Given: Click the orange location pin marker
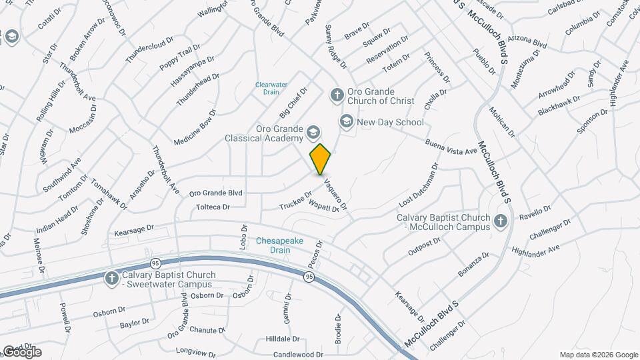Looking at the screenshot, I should click(321, 159).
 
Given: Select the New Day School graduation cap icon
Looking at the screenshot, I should click(346, 121).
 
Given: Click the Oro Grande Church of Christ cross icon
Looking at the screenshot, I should click(337, 95).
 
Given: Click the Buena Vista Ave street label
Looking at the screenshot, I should click(451, 147).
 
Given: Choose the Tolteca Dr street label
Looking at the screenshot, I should click(213, 207).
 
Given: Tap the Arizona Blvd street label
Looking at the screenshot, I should click(527, 43).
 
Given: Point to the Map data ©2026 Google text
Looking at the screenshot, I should click(598, 355).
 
